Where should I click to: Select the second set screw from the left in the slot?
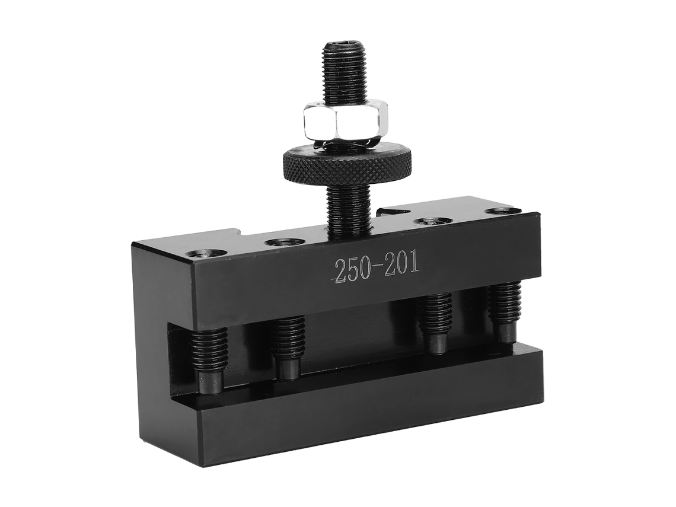(x=288, y=347)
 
